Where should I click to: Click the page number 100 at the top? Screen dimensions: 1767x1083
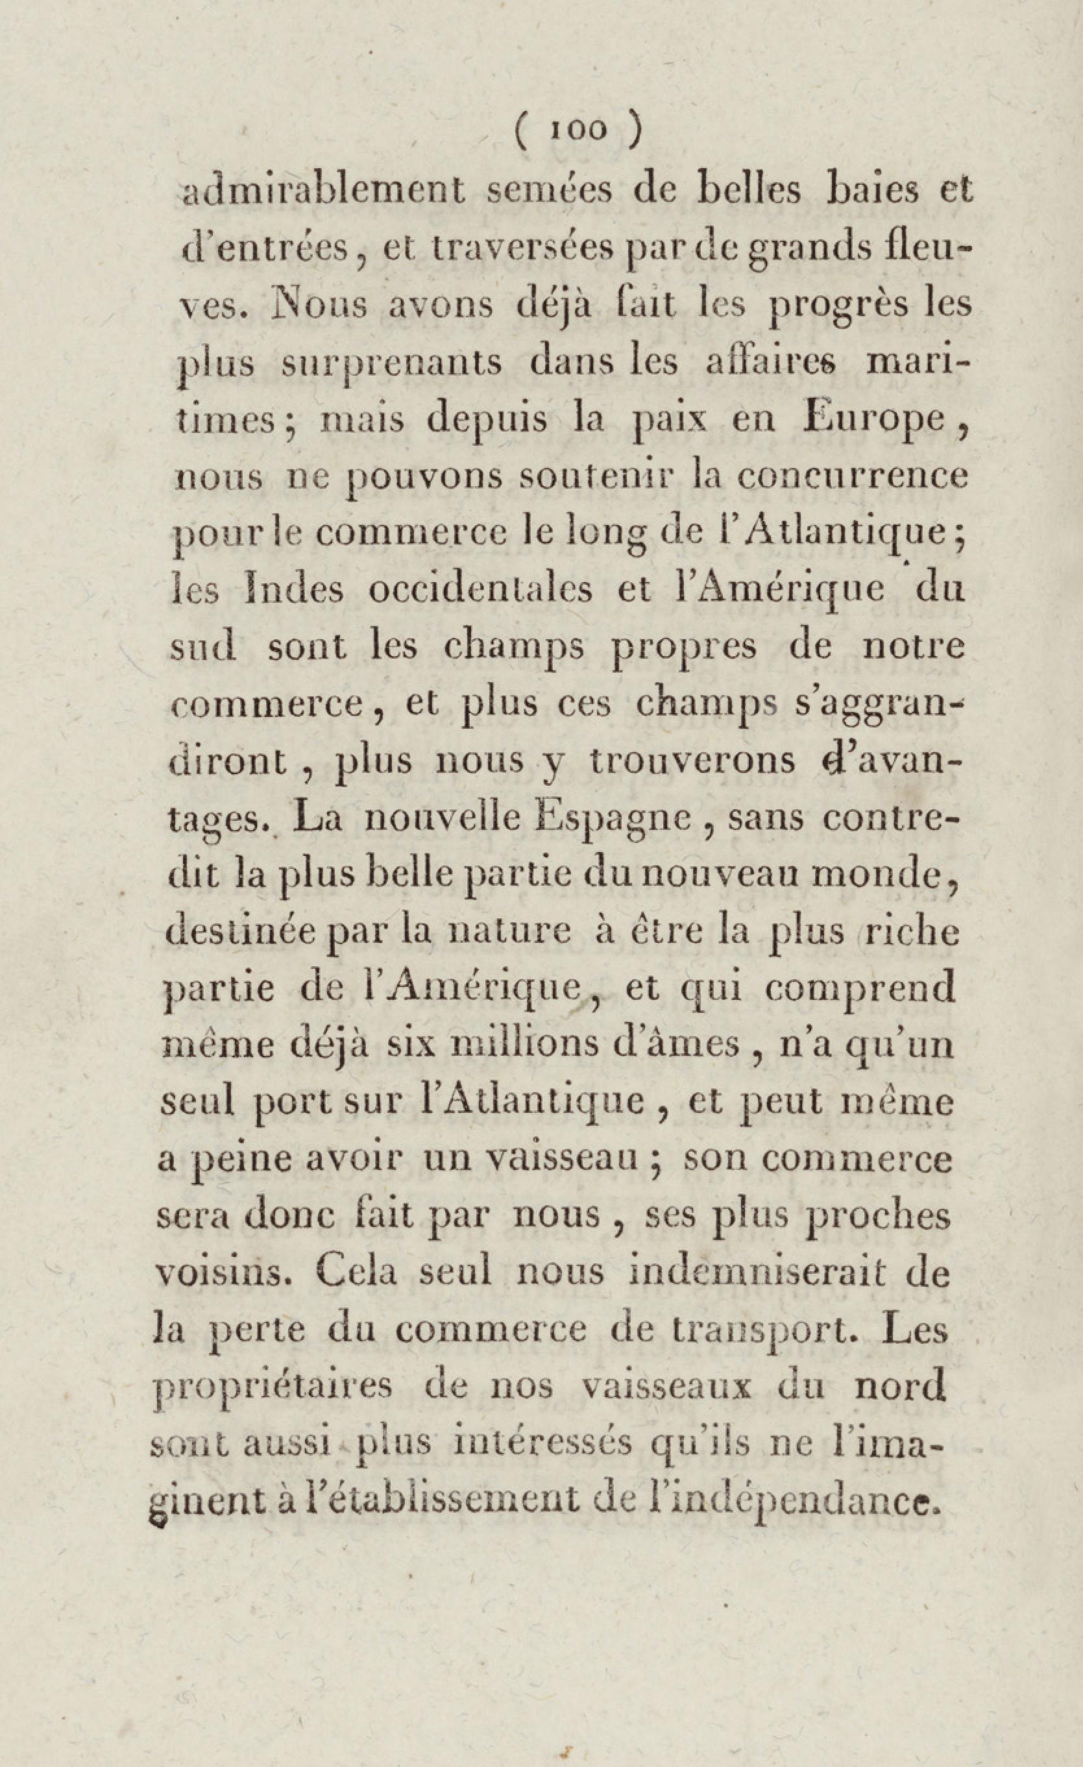point(578,130)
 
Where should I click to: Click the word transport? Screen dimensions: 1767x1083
point(751,1330)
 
